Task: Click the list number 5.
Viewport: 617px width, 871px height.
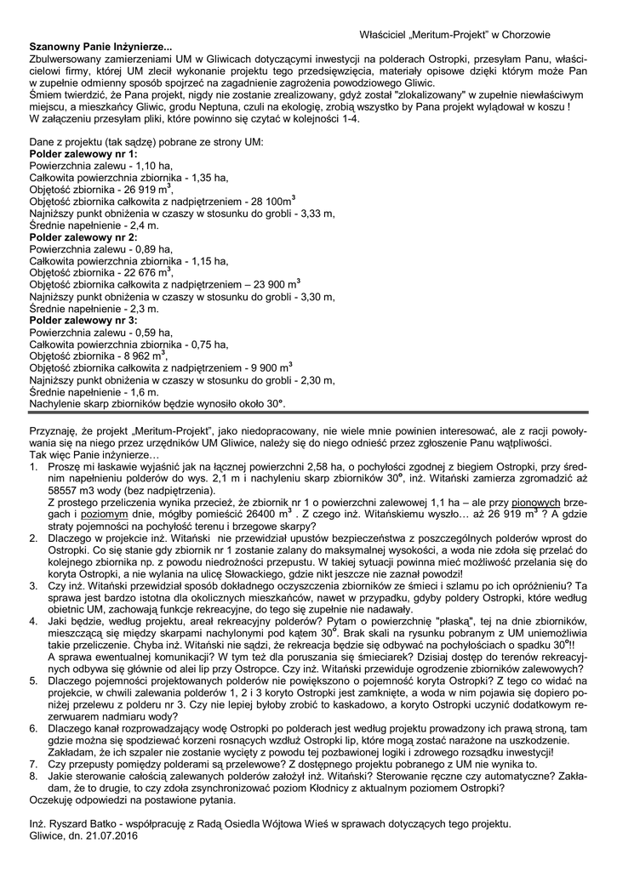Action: (33, 681)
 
